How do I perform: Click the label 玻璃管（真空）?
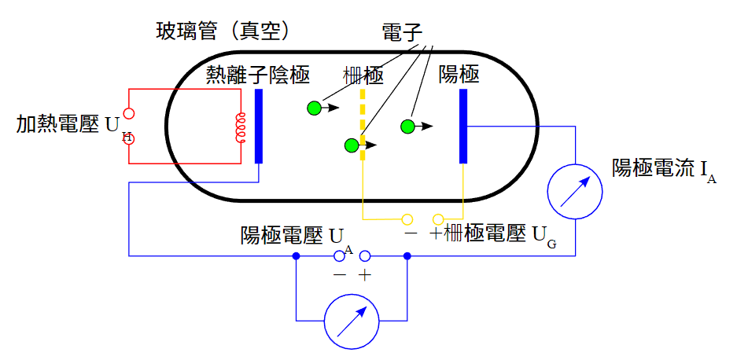225,31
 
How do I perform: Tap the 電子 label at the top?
402,32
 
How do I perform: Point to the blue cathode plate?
259,126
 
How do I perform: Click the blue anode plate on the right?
463,126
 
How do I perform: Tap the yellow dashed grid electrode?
363,124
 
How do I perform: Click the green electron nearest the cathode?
315,108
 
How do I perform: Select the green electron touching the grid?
352,145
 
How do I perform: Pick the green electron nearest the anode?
407,127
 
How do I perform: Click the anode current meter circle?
575,191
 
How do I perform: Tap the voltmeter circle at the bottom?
352,321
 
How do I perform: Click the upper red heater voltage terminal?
129,113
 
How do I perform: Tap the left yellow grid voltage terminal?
407,219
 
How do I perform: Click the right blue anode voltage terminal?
364,255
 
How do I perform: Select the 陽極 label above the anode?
459,75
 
